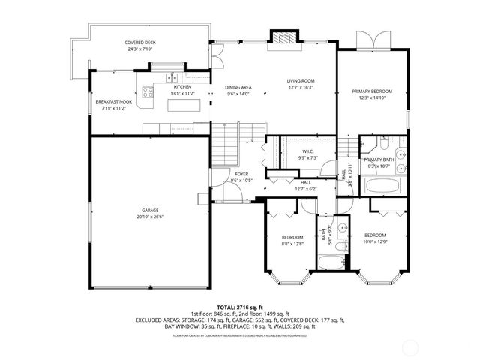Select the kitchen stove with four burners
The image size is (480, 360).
click(x=148, y=94)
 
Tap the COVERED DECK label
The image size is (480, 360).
click(x=139, y=43)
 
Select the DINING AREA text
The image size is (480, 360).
click(x=238, y=87)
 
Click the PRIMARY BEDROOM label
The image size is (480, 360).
click(x=372, y=91)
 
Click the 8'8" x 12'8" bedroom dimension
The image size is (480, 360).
click(x=292, y=244)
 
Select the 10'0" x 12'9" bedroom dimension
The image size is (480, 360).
click(x=375, y=241)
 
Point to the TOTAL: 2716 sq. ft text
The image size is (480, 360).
click(x=239, y=307)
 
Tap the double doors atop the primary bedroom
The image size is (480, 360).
click(x=371, y=40)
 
